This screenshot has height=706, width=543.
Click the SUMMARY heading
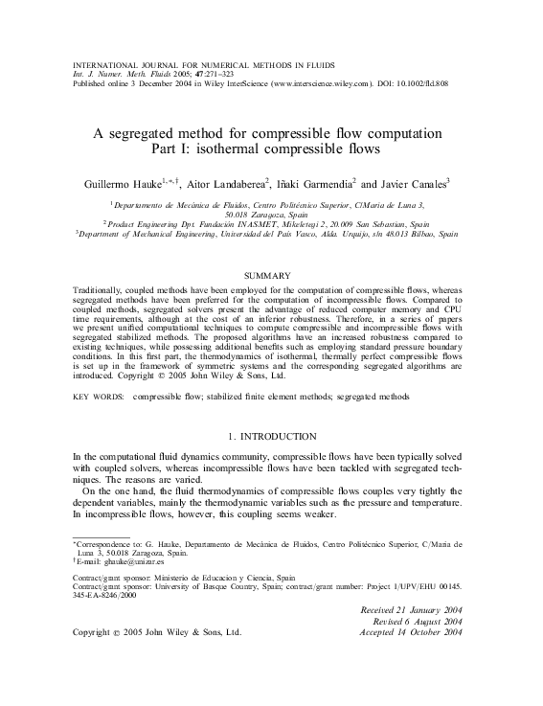(x=271, y=275)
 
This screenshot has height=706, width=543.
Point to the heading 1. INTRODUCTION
(x=271, y=436)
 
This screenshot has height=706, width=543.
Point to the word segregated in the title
(x=179, y=132)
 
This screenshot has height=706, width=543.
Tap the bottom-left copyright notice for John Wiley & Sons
(x=157, y=633)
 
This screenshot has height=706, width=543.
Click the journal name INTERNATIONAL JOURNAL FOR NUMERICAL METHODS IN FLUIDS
(x=204, y=63)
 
